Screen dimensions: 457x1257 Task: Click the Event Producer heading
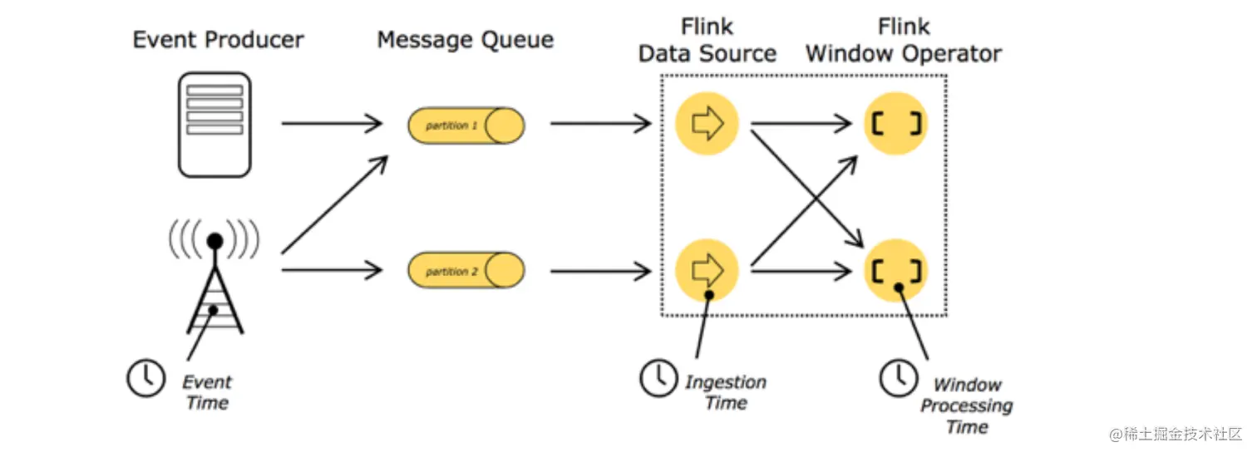coord(218,39)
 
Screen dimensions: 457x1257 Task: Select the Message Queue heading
coord(465,39)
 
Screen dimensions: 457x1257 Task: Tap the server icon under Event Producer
coord(214,125)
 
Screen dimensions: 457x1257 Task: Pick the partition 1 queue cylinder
coord(466,125)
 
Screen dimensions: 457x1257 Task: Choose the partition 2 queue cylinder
coord(466,271)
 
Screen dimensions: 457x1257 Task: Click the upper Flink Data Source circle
coord(706,124)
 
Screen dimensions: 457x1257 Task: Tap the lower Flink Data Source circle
coord(706,270)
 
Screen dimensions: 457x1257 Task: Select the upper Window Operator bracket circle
coord(896,124)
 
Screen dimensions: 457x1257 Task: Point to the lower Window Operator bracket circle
coord(896,270)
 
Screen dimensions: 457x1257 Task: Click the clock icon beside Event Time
coord(145,378)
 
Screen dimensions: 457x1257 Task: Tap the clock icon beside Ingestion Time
coord(658,378)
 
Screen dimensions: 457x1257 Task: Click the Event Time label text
coord(207,392)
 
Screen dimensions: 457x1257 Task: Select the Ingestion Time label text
coord(725,392)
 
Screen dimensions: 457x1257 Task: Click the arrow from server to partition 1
coord(331,125)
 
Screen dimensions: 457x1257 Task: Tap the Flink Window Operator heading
coord(904,40)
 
